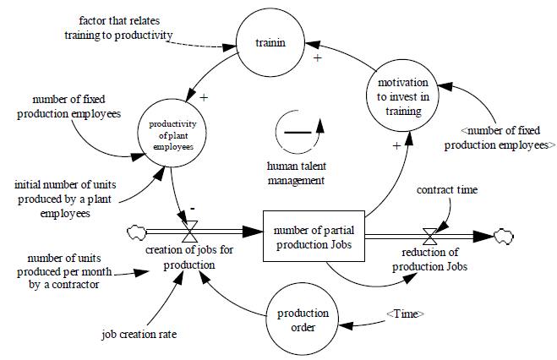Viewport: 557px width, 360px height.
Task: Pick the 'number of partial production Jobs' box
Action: tap(314, 230)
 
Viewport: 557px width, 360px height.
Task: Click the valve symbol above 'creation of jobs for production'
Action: tap(190, 229)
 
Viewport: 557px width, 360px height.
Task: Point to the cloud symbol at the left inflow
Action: tap(134, 230)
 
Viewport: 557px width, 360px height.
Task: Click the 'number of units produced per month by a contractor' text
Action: tap(64, 271)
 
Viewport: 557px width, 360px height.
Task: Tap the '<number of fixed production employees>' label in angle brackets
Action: tap(505, 139)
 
